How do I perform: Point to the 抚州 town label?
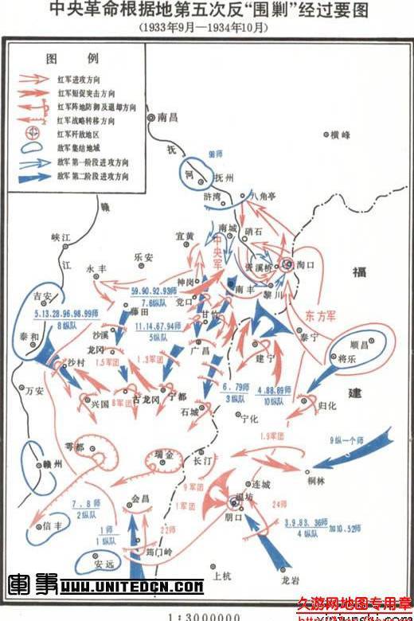[224, 178]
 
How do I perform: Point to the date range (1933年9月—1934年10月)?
[206, 26]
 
